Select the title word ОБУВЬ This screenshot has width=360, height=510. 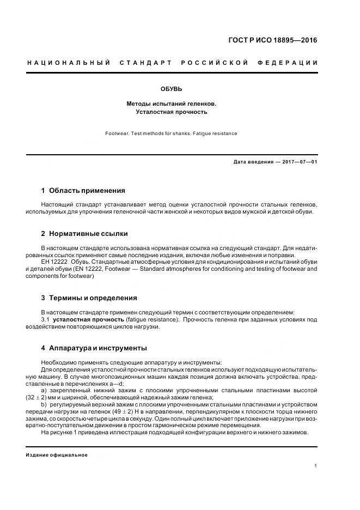click(x=171, y=88)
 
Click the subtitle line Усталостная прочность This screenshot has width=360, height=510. click(x=171, y=112)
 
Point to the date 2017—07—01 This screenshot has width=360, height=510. click(x=297, y=162)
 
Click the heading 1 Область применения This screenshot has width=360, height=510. click(x=83, y=191)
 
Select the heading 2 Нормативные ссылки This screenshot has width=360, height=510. click(x=84, y=234)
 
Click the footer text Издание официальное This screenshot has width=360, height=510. click(x=57, y=455)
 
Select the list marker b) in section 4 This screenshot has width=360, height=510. click(x=44, y=405)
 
